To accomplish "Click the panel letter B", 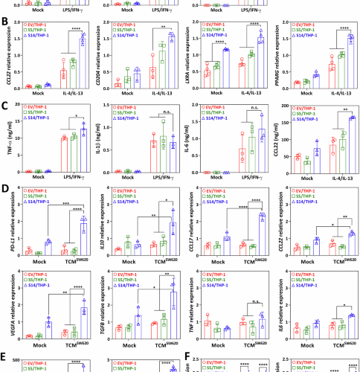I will tap(7, 23).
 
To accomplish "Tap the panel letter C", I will tap(7, 106).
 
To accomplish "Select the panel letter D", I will tap(7, 190).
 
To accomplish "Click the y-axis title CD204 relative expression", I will tap(100, 56).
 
